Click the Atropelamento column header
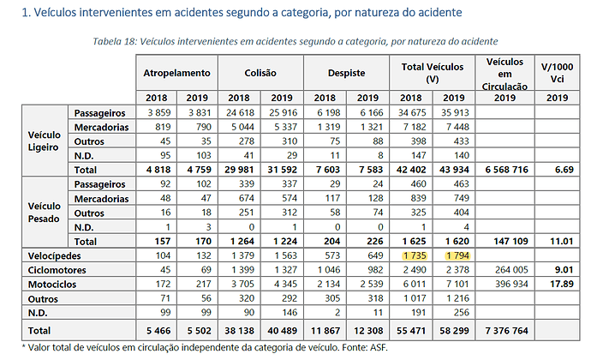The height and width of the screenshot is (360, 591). click(176, 73)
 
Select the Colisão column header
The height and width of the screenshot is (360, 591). click(260, 73)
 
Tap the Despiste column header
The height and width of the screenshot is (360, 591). click(346, 73)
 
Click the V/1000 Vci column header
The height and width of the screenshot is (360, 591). click(557, 73)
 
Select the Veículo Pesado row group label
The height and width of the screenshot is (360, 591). click(44, 213)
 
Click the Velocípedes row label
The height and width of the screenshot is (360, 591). click(54, 256)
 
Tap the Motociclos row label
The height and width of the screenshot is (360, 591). click(52, 285)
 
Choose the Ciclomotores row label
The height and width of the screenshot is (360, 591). click(57, 270)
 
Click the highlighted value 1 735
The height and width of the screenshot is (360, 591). click(415, 255)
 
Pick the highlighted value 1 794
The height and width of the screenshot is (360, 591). click(457, 255)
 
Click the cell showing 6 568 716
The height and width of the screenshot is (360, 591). click(506, 170)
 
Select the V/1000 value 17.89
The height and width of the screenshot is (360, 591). click(562, 284)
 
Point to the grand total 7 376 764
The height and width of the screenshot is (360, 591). click(506, 331)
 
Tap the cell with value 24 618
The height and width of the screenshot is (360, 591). click(240, 112)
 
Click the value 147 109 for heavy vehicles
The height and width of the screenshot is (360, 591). click(511, 241)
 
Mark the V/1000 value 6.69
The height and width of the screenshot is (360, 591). click(564, 170)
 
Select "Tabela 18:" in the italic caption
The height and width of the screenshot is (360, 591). click(115, 41)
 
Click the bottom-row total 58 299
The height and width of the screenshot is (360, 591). click(454, 331)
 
